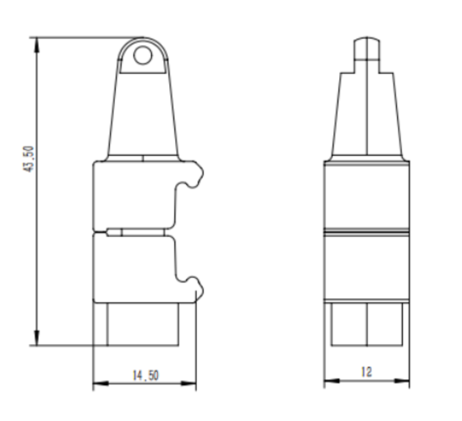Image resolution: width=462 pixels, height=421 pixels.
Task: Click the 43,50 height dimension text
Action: pyautogui.click(x=29, y=159)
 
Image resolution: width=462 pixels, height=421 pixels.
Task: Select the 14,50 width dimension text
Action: pyautogui.click(x=146, y=375)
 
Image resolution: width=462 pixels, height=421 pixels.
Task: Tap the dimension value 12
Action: pyautogui.click(x=366, y=372)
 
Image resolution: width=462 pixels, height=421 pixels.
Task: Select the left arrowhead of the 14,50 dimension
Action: pyautogui.click(x=99, y=383)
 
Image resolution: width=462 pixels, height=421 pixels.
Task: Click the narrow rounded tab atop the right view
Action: pyautogui.click(x=367, y=48)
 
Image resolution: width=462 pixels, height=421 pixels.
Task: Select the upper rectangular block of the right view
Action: pyautogui.click(x=367, y=195)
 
